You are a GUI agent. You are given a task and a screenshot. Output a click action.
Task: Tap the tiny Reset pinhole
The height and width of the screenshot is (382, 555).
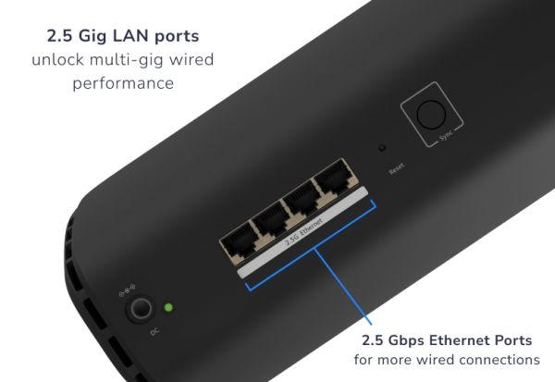tap(381, 148)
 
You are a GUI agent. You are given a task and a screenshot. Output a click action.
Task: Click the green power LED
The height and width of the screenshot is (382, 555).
tap(167, 308)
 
